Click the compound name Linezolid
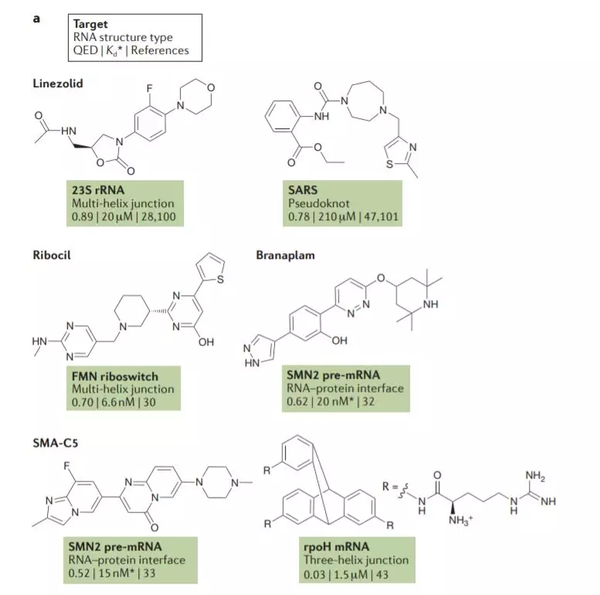pyautogui.click(x=57, y=83)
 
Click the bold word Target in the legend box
pyautogui.click(x=90, y=23)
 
